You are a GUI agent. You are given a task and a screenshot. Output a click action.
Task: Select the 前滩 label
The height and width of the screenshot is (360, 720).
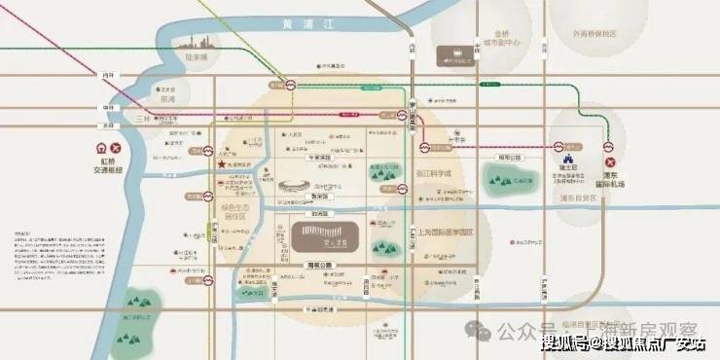point(168,99)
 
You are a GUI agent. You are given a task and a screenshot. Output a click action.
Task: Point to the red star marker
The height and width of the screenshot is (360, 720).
point(223,165)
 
